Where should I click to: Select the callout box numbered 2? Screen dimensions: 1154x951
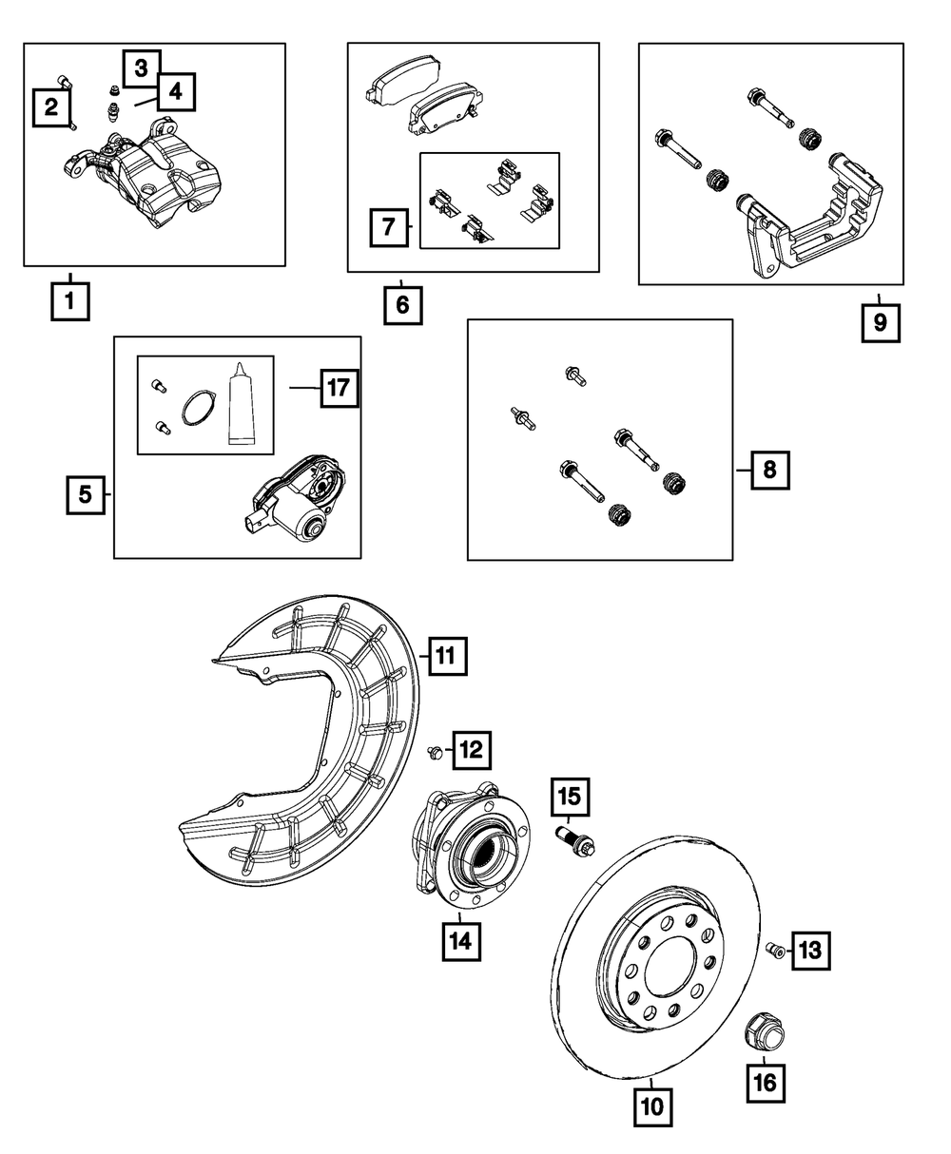51,106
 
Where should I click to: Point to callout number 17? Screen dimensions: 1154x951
340,389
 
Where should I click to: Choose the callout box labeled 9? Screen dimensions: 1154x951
880,321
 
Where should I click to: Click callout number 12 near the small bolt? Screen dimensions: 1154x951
472,750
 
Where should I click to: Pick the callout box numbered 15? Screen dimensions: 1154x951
570,798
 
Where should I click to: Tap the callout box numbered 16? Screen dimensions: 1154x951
767,1081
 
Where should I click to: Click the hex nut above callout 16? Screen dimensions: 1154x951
763,1029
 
